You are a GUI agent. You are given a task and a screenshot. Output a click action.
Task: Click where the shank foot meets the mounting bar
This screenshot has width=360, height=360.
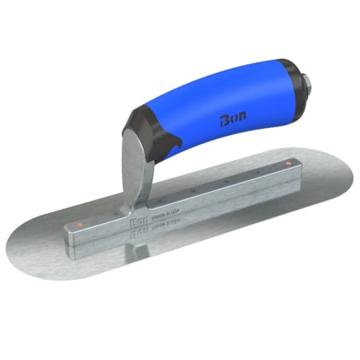click(x=128, y=212)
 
